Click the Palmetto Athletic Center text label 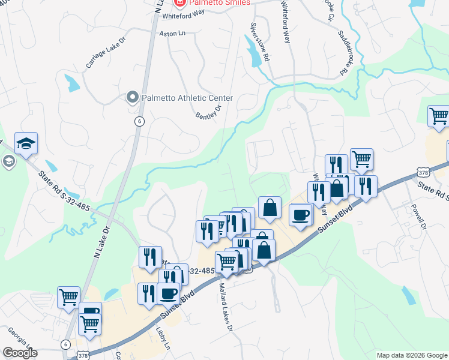(187, 98)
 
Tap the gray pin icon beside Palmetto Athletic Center (132, 97)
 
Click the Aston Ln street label (172, 34)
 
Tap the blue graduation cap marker (26, 144)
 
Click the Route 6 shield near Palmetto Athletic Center (139, 121)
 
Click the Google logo (20, 353)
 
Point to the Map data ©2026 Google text (412, 355)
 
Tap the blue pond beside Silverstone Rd (255, 49)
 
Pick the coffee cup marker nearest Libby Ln (169, 293)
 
